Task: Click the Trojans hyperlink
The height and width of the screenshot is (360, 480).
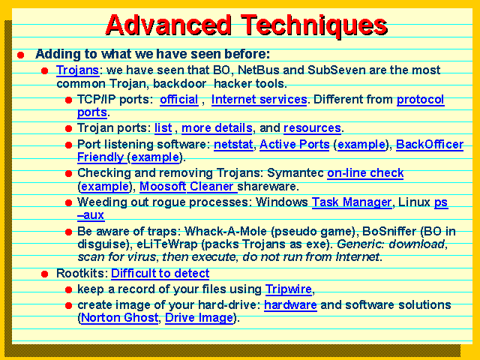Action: click(x=77, y=70)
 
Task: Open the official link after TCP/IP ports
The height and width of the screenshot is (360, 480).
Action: click(x=179, y=100)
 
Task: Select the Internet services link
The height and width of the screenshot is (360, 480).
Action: click(x=259, y=100)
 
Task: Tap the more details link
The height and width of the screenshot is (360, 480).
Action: click(x=217, y=128)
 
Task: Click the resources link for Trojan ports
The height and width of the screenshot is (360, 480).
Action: click(x=312, y=128)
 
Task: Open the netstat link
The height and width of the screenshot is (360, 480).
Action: click(x=233, y=144)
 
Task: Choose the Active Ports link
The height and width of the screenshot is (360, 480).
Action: click(x=295, y=144)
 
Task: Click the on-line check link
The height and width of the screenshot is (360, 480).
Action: click(x=365, y=173)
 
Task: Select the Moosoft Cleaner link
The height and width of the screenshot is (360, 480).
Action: click(x=188, y=187)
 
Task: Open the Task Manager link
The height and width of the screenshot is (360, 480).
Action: click(x=352, y=202)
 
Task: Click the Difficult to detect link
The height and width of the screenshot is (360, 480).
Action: click(x=160, y=273)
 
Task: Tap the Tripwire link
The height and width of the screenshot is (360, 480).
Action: click(x=288, y=289)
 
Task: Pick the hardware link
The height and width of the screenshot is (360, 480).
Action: click(x=290, y=305)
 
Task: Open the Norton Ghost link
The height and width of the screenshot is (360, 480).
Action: click(x=120, y=318)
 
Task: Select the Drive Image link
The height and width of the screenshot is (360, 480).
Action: click(x=199, y=318)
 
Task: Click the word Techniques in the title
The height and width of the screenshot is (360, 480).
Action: click(x=314, y=25)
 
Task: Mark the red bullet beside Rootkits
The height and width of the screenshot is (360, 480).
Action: click(x=45, y=274)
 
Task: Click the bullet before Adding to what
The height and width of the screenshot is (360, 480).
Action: click(x=21, y=55)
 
